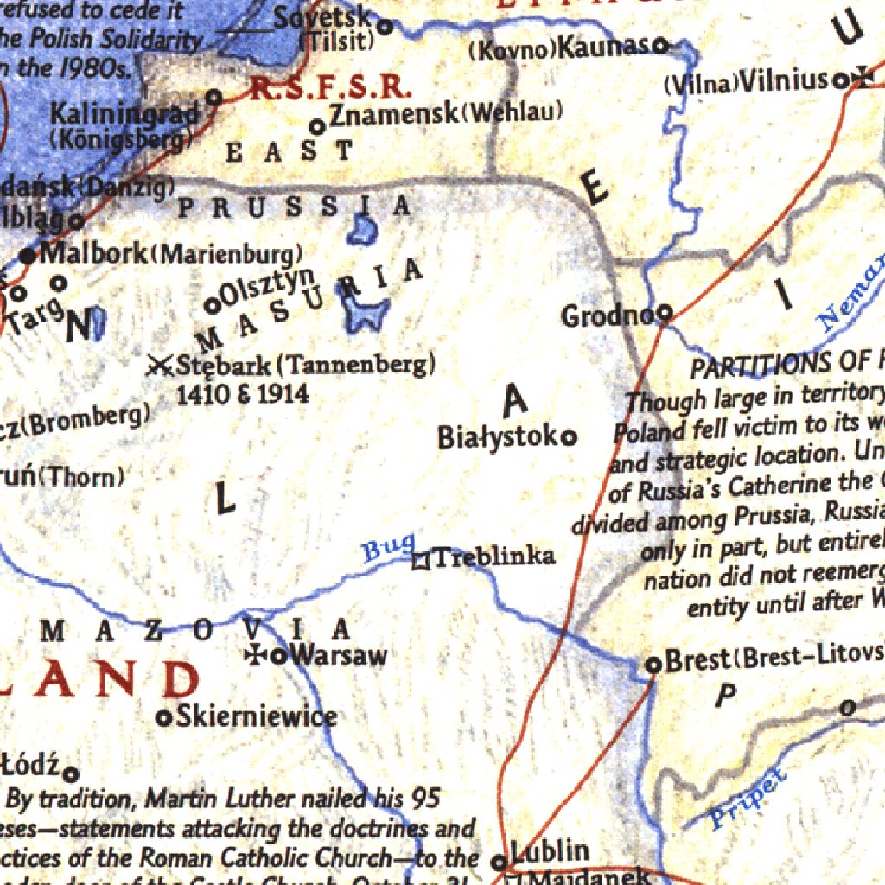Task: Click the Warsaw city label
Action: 339,655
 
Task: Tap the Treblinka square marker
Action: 421,561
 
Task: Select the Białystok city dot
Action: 570,438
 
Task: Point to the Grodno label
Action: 607,316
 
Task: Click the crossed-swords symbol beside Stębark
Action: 159,366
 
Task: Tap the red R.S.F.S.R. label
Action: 328,88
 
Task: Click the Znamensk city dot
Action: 317,127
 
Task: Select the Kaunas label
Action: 602,48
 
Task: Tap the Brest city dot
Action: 653,665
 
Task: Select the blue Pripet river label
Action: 748,799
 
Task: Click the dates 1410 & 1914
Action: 242,394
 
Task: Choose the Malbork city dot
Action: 29,255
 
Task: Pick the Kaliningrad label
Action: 124,113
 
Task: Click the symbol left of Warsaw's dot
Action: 257,655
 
